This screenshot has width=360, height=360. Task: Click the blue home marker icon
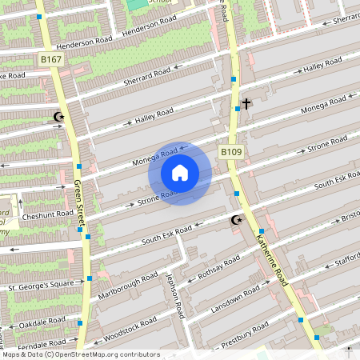pos(180,173)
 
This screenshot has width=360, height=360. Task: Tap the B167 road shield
pos(50,59)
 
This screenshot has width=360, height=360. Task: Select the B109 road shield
pos(231,151)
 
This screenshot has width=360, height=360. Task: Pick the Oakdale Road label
pos(43,322)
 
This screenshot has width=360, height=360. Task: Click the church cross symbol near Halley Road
pos(246,103)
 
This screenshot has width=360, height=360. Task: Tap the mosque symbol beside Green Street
pos(58,117)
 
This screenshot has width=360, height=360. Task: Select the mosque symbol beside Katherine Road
pos(236,220)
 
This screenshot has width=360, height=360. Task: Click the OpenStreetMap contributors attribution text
pos(81,354)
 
